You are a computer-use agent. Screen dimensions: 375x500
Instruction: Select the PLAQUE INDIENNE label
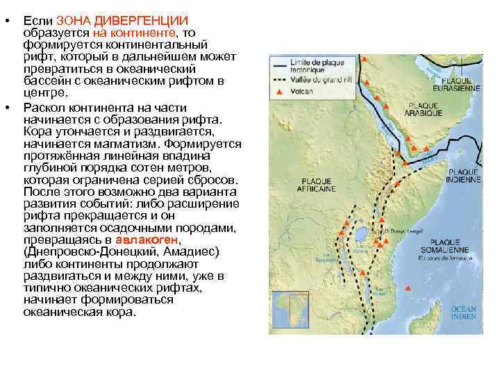click(x=463, y=174)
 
